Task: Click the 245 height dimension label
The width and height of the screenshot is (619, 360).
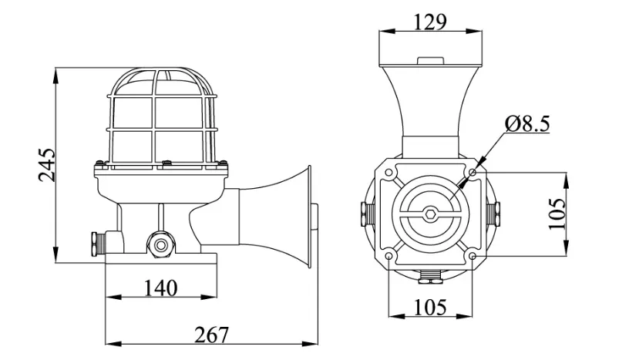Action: (x=47, y=165)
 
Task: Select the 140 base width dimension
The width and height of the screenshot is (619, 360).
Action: (x=160, y=288)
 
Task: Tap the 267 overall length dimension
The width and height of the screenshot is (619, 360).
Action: (x=211, y=335)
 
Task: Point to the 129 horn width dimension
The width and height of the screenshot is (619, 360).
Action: (x=430, y=22)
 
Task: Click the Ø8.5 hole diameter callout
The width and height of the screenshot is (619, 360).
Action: (x=527, y=123)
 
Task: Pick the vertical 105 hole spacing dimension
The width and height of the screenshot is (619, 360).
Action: (x=557, y=214)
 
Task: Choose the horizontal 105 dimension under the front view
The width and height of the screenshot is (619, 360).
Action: (x=430, y=307)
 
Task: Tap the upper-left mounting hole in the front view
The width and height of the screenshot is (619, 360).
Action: (x=389, y=173)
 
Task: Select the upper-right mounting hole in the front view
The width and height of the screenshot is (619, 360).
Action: (x=473, y=173)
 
